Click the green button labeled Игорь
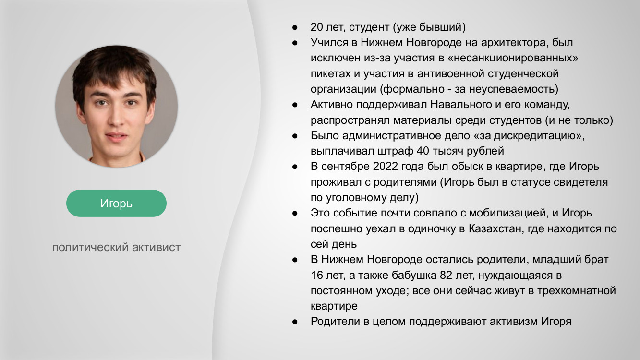point(116,203)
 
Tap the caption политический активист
point(116,247)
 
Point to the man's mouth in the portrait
point(116,136)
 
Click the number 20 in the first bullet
point(316,27)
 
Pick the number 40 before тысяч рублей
point(423,151)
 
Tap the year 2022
point(386,166)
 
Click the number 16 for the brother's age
point(317,275)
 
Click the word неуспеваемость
point(511,89)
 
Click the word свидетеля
point(580,182)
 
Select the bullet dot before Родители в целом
point(295,322)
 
